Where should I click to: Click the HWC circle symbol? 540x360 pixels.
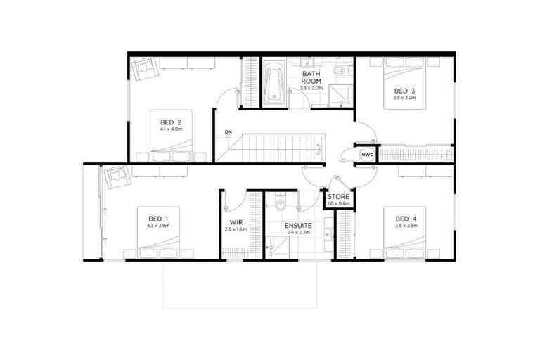366,155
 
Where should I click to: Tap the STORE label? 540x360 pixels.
338,196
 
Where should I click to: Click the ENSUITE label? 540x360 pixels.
298,226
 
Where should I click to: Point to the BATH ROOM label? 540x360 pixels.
311,77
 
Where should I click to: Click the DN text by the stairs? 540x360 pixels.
228,132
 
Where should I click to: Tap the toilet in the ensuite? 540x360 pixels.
281,205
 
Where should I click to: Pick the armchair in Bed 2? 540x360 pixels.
145,68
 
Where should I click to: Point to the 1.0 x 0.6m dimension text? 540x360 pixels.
338,204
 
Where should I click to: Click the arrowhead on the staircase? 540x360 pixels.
319,148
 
